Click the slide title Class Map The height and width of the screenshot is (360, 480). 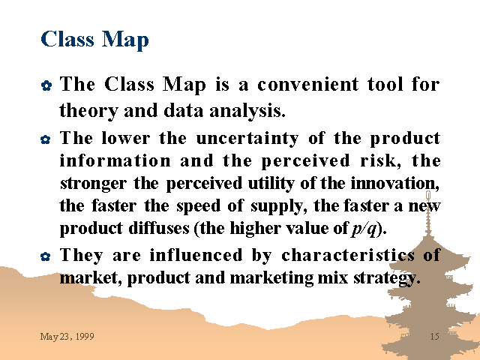pos(94,40)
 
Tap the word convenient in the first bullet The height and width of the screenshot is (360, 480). pos(308,84)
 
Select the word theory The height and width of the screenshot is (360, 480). pos(88,111)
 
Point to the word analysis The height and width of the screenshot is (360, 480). pos(247,111)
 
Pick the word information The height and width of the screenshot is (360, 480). pos(115,160)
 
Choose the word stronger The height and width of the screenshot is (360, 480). pos(93,184)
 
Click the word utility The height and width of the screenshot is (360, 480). pos(271,184)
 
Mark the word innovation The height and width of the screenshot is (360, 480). pos(395,184)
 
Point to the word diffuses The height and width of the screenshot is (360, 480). pos(159,228)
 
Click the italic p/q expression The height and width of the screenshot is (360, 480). pos(364,229)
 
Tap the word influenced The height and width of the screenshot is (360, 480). pos(196,255)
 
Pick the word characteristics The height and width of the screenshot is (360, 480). pos(348,255)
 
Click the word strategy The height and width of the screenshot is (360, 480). pos(387,278)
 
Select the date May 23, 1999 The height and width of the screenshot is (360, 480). pos(67,337)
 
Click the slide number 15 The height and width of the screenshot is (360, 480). pos(435,337)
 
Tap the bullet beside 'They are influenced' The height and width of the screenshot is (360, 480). pos(46,256)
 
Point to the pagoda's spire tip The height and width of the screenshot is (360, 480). pos(428,192)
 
